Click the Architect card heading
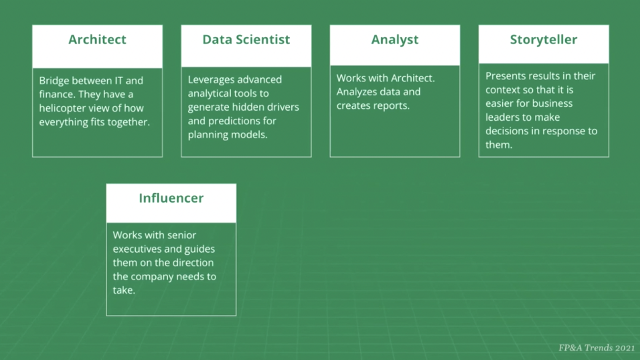click(x=97, y=40)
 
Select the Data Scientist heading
click(x=246, y=40)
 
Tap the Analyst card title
click(x=395, y=40)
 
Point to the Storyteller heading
click(x=544, y=40)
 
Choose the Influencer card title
click(x=171, y=198)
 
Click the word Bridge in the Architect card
click(x=54, y=81)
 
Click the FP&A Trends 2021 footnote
click(x=596, y=348)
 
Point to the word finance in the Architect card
click(x=57, y=94)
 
